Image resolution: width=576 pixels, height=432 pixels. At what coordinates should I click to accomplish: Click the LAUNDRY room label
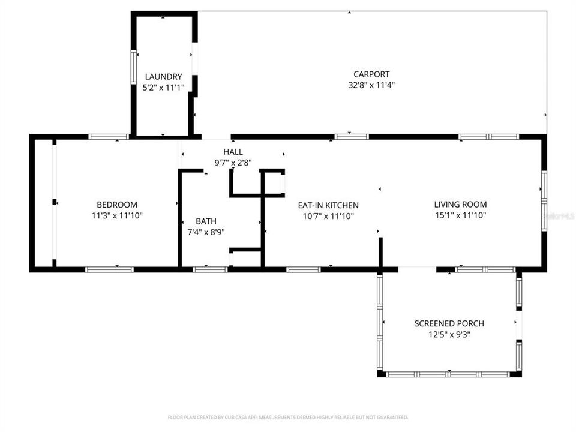click(x=163, y=77)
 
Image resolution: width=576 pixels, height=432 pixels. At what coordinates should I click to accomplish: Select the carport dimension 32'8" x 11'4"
click(x=371, y=85)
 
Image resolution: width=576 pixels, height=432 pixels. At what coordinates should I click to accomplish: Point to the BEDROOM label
click(x=117, y=205)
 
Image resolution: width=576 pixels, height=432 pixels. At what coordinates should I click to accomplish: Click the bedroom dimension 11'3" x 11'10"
click(x=117, y=215)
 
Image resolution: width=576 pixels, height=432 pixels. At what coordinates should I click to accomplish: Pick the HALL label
click(x=233, y=152)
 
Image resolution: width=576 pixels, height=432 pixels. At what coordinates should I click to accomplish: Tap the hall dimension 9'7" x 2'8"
click(x=233, y=162)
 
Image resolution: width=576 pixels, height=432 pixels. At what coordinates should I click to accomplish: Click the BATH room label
click(x=206, y=221)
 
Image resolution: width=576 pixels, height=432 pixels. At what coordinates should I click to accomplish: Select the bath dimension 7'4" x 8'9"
click(x=206, y=232)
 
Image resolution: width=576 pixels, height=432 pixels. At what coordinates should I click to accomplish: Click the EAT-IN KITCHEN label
click(x=328, y=205)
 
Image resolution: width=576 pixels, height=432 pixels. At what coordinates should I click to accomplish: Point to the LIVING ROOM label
click(x=460, y=205)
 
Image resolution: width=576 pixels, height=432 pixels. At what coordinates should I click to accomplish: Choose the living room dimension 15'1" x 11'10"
click(x=460, y=215)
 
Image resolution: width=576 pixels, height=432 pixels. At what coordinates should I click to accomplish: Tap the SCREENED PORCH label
click(x=449, y=324)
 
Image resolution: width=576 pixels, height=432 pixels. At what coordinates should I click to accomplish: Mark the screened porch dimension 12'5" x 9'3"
click(x=449, y=335)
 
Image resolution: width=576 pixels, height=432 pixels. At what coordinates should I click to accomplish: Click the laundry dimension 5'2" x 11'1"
click(x=163, y=88)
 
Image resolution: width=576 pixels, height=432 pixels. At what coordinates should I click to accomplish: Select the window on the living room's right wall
click(x=544, y=201)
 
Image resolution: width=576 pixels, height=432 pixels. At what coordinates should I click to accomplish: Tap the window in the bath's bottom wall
click(x=210, y=269)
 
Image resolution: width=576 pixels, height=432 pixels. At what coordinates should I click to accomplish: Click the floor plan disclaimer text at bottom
click(x=287, y=417)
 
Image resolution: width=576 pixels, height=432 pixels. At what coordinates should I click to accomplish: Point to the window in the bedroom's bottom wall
click(x=109, y=269)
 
